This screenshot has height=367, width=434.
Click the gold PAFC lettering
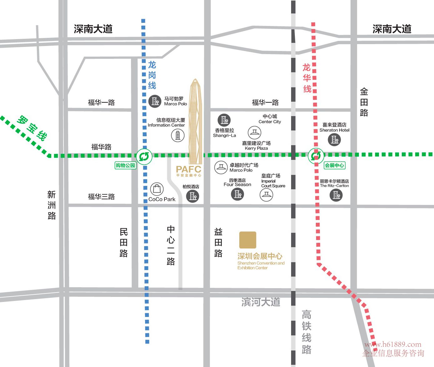[188, 169]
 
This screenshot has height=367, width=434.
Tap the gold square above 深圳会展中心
[248, 240]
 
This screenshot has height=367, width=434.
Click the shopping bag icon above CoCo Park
[157, 189]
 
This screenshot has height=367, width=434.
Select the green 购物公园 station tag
[125, 166]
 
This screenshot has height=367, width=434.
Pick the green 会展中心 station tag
[335, 166]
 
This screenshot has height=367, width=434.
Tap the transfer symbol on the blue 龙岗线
[144, 156]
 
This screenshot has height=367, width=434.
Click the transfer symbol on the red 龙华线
[316, 155]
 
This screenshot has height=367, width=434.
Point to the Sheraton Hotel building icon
[335, 140]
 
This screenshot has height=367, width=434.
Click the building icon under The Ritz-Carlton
[336, 195]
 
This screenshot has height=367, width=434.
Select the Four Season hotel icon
[238, 194]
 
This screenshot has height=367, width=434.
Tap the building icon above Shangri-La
[224, 120]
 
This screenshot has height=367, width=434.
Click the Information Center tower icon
[178, 135]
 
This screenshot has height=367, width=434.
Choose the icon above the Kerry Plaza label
[255, 133]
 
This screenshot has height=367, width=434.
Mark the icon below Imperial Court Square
[266, 195]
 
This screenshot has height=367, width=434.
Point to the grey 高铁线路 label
[306, 332]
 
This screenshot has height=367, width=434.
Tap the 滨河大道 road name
[261, 302]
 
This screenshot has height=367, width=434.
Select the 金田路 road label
[364, 102]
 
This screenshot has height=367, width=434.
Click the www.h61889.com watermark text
[393, 344]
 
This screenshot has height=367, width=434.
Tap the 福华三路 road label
[101, 197]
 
